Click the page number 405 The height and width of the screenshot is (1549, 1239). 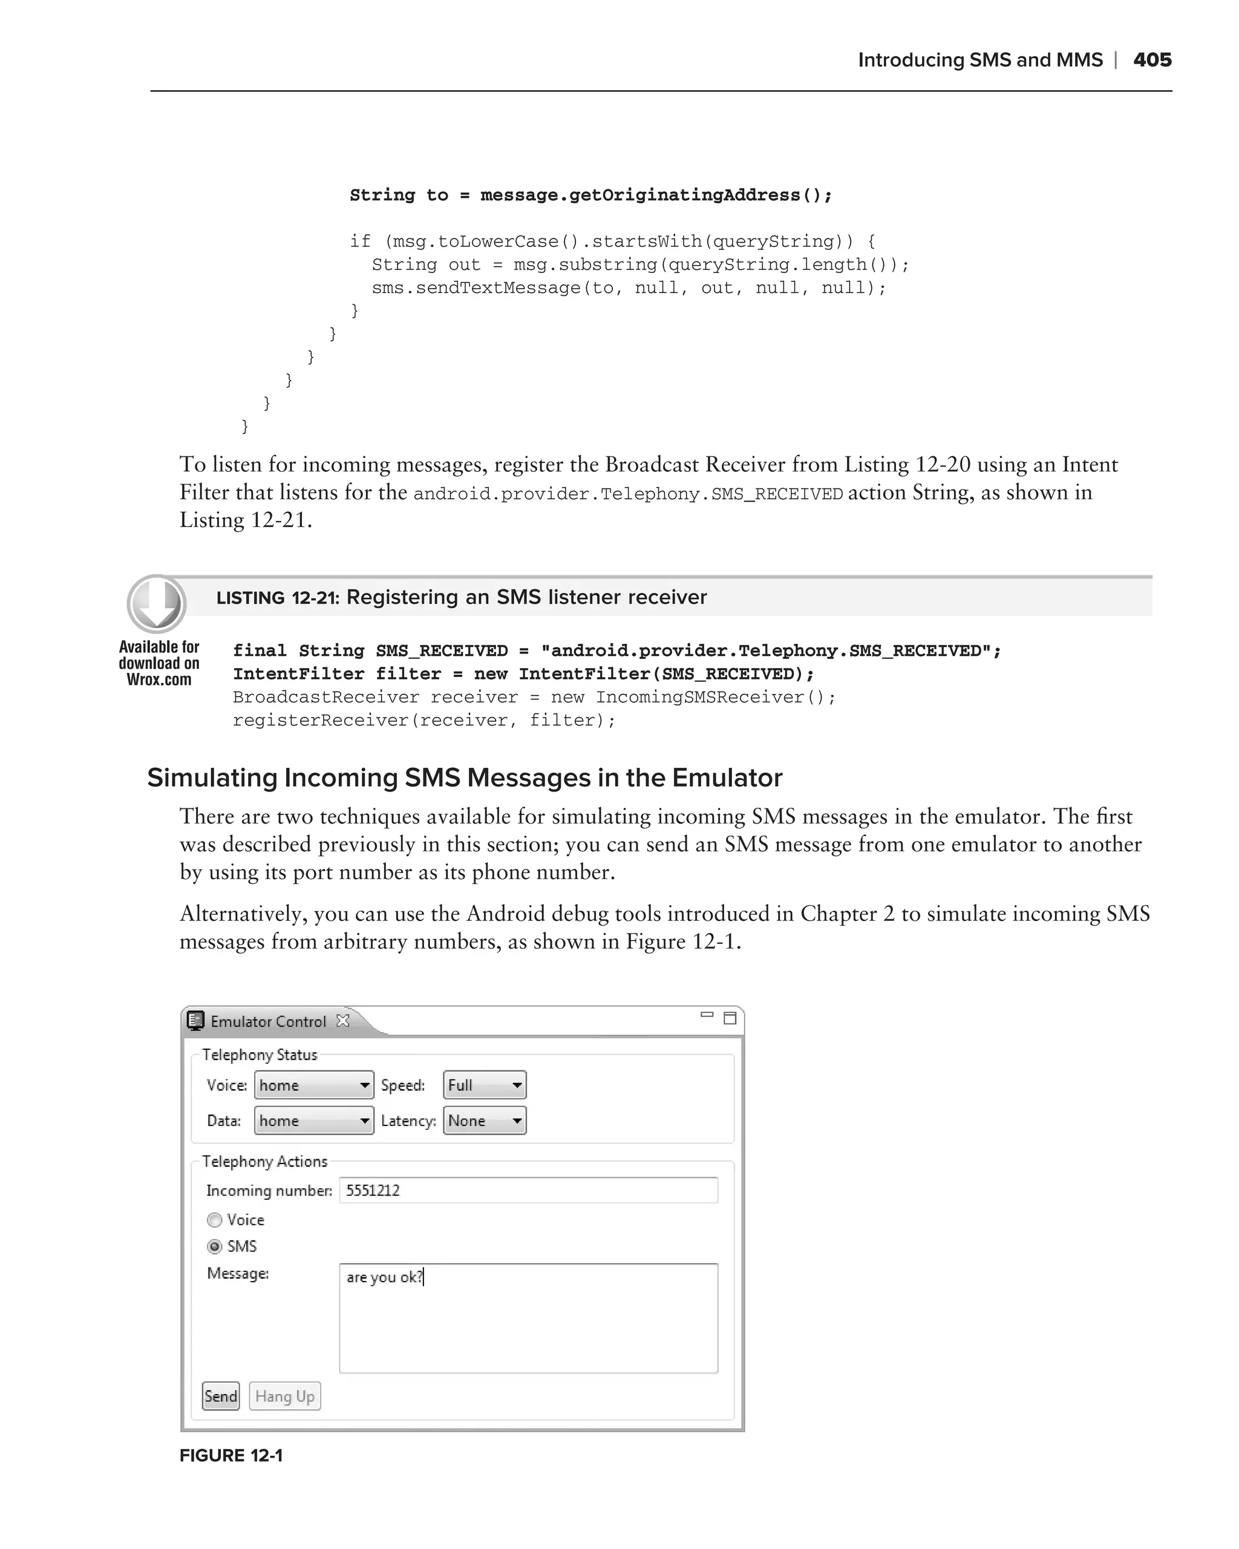(x=1151, y=60)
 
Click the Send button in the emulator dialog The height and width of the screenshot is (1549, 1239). (x=220, y=1396)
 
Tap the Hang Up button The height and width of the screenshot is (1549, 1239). (x=284, y=1396)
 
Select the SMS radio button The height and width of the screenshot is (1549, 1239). (x=214, y=1246)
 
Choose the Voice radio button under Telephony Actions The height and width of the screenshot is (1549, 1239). (x=214, y=1220)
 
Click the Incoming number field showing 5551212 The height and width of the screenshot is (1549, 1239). (x=528, y=1190)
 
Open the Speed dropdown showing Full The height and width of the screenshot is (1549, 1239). (x=484, y=1085)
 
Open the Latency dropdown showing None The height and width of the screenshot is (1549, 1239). (x=484, y=1121)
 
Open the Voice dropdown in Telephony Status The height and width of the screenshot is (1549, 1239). (x=314, y=1085)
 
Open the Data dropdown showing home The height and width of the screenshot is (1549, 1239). (x=314, y=1121)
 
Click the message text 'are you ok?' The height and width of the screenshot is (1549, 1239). (x=384, y=1277)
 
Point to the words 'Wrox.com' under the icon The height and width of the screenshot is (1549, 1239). (x=159, y=680)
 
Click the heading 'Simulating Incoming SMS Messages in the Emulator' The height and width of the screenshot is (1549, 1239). (x=464, y=778)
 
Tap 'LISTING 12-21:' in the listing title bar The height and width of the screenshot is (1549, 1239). (x=277, y=598)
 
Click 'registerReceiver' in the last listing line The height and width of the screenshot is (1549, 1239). (x=321, y=720)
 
